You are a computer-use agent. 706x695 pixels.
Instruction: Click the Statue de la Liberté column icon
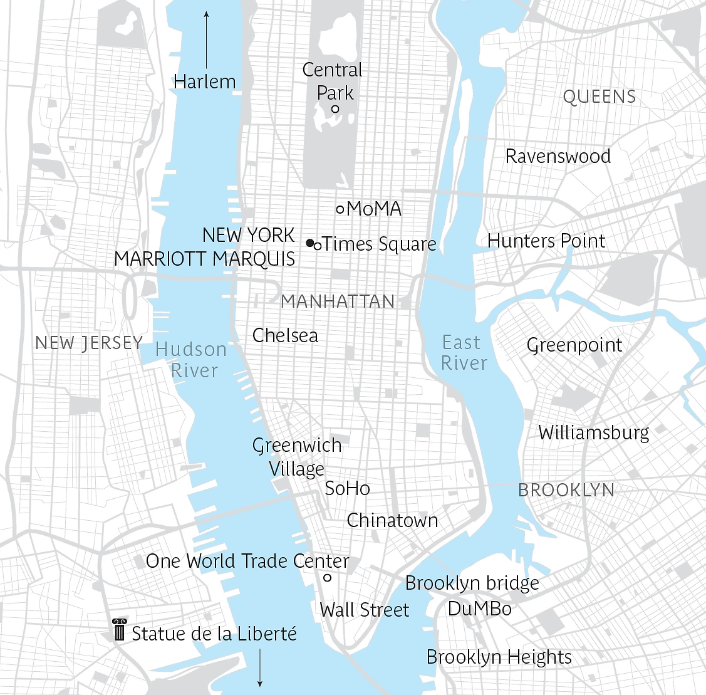click(x=119, y=630)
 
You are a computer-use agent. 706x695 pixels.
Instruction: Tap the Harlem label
click(x=205, y=81)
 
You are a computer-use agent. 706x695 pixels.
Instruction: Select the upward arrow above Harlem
click(x=206, y=38)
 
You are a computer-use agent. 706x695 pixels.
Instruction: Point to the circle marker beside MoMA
click(x=340, y=209)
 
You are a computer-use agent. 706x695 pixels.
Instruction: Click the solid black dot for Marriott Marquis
click(x=309, y=243)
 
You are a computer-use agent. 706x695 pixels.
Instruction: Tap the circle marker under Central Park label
click(x=335, y=109)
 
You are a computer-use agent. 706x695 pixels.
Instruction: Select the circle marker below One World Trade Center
click(x=327, y=578)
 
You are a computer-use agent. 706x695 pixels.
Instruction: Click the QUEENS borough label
click(x=600, y=97)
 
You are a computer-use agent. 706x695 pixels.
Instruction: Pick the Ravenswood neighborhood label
click(x=558, y=156)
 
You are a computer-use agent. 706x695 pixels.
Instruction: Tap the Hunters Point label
click(x=546, y=241)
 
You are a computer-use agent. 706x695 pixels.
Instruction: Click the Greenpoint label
click(x=574, y=345)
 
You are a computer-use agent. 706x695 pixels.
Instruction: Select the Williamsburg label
click(x=594, y=432)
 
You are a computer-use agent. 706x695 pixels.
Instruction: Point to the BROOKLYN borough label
click(x=566, y=490)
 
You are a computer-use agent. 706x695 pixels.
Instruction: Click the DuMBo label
click(x=479, y=609)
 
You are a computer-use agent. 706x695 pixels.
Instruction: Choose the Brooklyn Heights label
click(x=499, y=657)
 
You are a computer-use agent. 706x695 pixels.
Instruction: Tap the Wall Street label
click(x=364, y=610)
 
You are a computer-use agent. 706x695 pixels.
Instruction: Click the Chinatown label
click(x=392, y=520)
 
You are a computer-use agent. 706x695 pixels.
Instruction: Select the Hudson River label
click(x=192, y=360)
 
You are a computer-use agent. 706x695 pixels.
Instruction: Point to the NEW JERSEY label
click(x=89, y=343)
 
